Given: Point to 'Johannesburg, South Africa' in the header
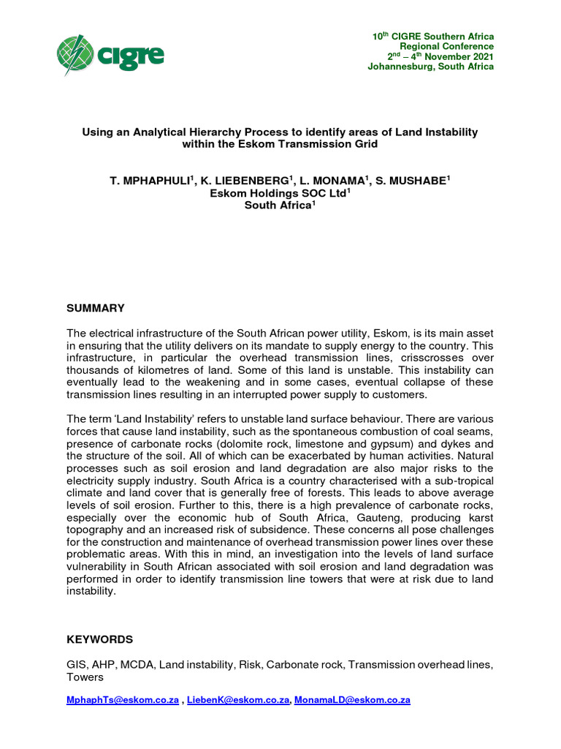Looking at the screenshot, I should point(430,67).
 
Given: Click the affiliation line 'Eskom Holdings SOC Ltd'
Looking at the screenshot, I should point(278,193).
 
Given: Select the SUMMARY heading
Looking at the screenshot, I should point(96,308).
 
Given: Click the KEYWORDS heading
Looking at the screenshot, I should point(100,639).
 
